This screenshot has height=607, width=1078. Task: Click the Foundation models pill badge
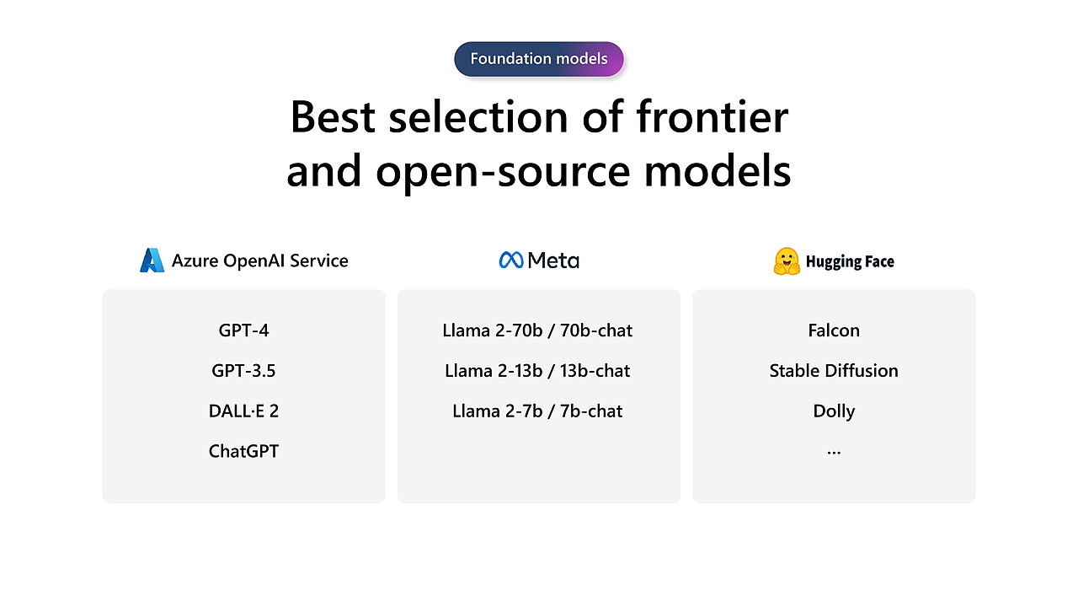pyautogui.click(x=538, y=59)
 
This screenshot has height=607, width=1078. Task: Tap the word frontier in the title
pyautogui.click(x=712, y=116)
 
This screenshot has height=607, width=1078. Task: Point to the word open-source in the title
pyautogui.click(x=503, y=172)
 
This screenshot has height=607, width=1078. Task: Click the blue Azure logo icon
pyautogui.click(x=152, y=261)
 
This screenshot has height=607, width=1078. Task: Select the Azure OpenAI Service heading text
pyautogui.click(x=260, y=261)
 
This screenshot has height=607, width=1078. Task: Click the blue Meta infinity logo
pyautogui.click(x=511, y=261)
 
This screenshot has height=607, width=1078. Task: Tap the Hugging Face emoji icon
pyautogui.click(x=787, y=261)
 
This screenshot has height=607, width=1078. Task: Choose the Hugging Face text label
pyautogui.click(x=850, y=261)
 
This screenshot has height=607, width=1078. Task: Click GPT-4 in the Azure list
pyautogui.click(x=243, y=330)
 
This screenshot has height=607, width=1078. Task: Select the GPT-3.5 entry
pyautogui.click(x=243, y=371)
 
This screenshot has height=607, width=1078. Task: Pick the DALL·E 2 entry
pyautogui.click(x=243, y=411)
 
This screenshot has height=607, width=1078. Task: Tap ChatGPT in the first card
pyautogui.click(x=243, y=451)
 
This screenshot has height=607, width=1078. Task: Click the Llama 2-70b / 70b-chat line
pyautogui.click(x=537, y=330)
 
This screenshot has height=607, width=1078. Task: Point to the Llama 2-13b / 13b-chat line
pyautogui.click(x=537, y=371)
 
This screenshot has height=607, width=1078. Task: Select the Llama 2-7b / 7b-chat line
pyautogui.click(x=537, y=411)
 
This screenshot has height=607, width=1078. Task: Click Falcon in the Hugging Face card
pyautogui.click(x=834, y=330)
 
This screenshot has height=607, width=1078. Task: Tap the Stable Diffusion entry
pyautogui.click(x=834, y=371)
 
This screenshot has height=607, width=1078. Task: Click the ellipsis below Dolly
pyautogui.click(x=834, y=453)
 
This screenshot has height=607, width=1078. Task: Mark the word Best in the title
pyautogui.click(x=333, y=116)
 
